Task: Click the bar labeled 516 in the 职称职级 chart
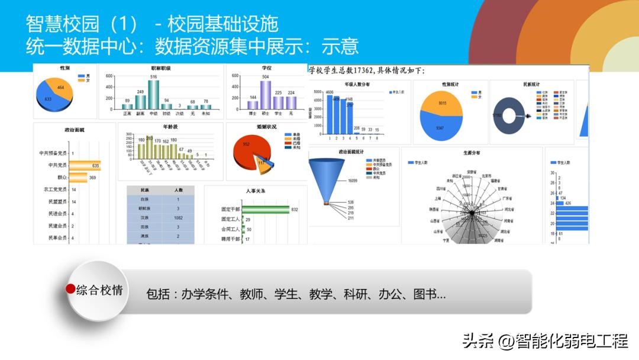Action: pyautogui.click(x=153, y=95)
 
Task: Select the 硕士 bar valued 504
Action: pyautogui.click(x=265, y=95)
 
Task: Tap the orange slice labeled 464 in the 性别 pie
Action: pyautogui.click(x=62, y=88)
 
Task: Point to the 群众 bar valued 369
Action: pyautogui.click(x=79, y=178)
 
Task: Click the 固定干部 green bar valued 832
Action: pyautogui.click(x=266, y=210)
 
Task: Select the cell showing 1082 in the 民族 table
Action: pyautogui.click(x=177, y=218)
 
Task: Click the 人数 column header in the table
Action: pyautogui.click(x=177, y=190)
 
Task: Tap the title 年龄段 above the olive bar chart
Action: pyautogui.click(x=170, y=127)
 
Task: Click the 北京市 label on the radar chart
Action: pyautogui.click(x=486, y=175)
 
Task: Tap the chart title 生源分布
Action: pyautogui.click(x=472, y=153)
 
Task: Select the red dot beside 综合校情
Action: pyautogui.click(x=70, y=289)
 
